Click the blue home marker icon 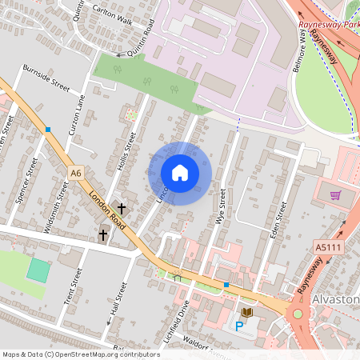[180, 173]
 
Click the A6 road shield [76, 172]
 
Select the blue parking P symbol [238, 326]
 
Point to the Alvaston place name [338, 298]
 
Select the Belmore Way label [300, 56]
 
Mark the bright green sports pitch [38, 269]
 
